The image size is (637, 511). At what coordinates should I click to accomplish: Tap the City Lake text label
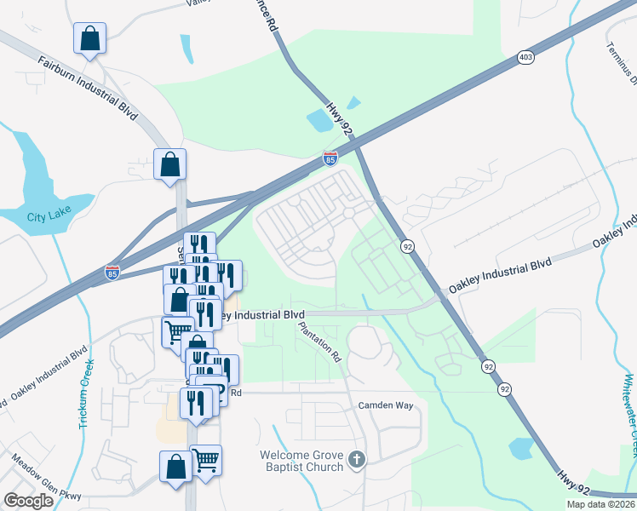(49, 216)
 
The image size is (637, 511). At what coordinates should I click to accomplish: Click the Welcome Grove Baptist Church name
(302, 460)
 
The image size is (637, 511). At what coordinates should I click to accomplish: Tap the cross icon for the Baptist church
(357, 460)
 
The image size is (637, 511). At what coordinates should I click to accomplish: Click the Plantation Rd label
(319, 342)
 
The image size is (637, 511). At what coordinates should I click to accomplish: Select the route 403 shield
(525, 58)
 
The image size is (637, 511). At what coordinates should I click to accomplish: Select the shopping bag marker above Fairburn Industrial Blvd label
(89, 38)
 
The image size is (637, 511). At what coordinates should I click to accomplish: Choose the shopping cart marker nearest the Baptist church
(205, 460)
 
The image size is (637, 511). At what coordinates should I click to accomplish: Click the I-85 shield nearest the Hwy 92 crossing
(330, 158)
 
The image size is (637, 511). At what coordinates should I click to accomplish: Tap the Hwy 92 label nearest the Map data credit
(574, 483)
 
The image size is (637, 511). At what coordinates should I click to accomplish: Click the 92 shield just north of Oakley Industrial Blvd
(408, 246)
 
